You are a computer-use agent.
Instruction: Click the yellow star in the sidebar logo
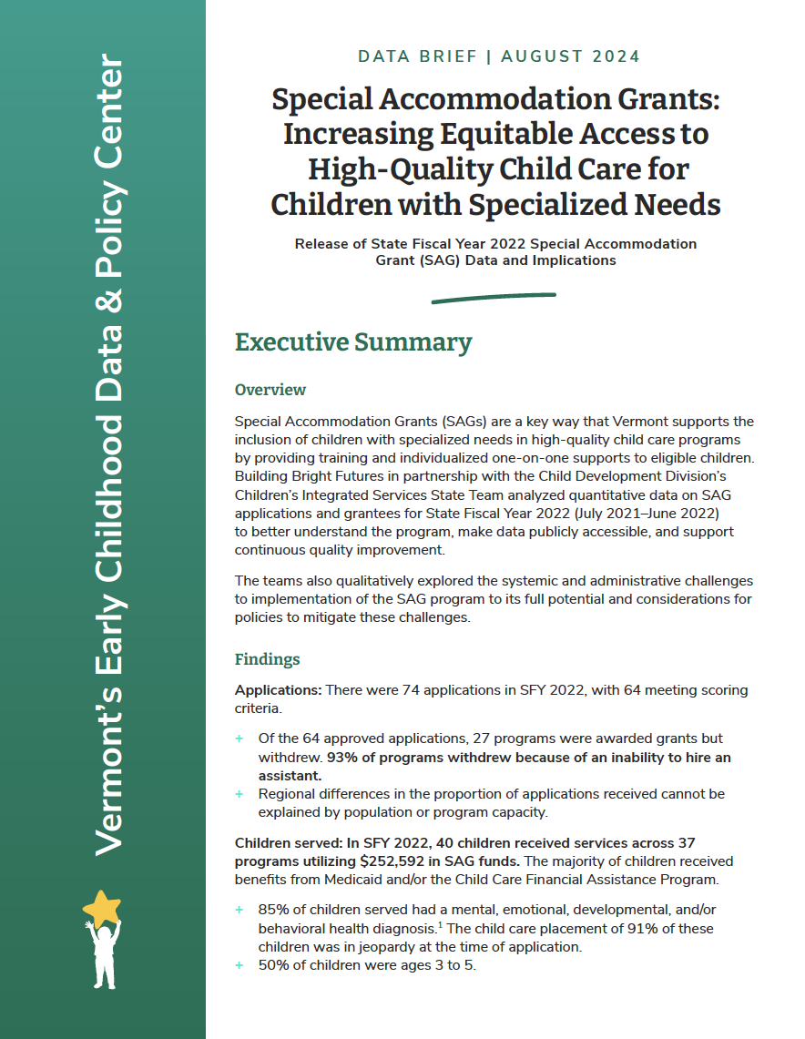(101, 909)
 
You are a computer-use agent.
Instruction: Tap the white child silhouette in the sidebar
(103, 956)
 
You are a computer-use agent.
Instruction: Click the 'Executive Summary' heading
(353, 342)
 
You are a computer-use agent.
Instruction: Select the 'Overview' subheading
(270, 390)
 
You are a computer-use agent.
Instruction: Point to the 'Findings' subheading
(268, 659)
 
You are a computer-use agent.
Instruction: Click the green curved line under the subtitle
(493, 297)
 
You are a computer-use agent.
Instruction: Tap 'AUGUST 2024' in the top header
(571, 56)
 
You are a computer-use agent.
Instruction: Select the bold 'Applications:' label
(278, 690)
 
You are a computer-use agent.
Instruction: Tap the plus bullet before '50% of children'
(240, 965)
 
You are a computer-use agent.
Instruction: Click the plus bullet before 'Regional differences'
(240, 794)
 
